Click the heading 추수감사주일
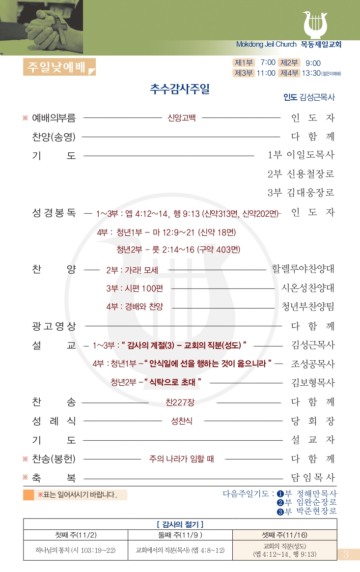180,89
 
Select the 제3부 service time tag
244,73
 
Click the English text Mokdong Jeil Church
266,44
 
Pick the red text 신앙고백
182,118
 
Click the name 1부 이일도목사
301,155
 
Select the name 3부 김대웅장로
301,193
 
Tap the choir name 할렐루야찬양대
303,269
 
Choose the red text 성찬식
182,421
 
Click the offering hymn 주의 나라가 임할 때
182,459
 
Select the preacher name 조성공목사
313,364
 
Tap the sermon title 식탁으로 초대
171,382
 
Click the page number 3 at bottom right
346,554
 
